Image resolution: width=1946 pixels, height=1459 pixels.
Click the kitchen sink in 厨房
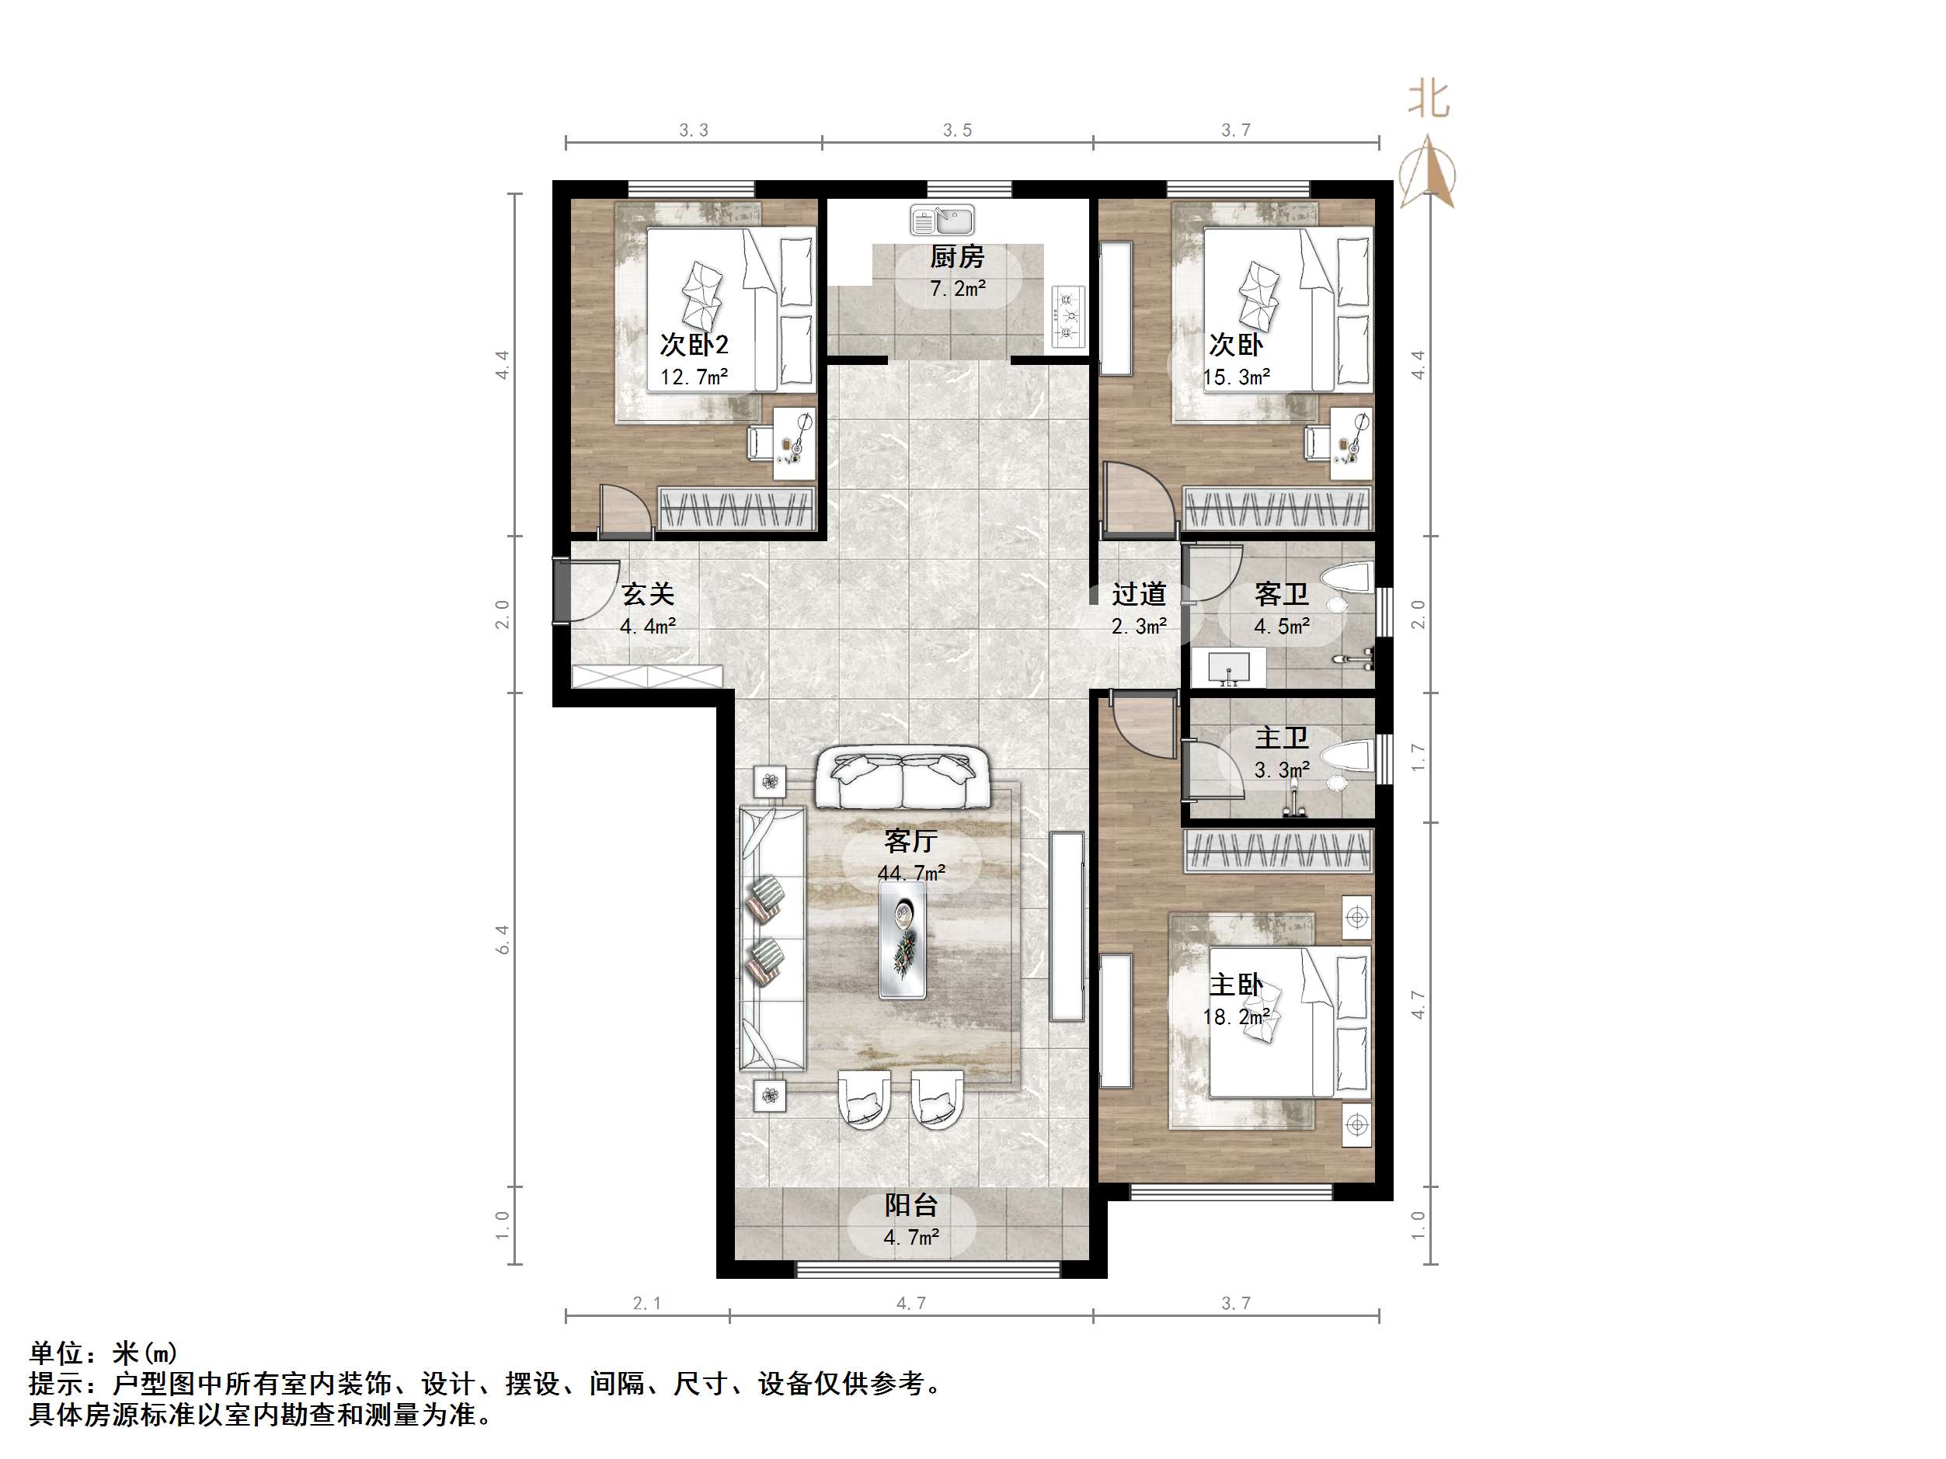pos(942,220)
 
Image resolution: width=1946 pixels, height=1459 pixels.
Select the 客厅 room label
pos(910,842)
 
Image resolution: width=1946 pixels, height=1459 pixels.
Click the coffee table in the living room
pos(903,940)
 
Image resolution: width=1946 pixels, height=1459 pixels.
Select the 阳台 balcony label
pos(910,1205)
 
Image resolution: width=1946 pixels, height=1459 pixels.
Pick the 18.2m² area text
pos(1236,1017)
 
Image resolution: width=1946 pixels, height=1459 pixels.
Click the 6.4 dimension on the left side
pos(503,940)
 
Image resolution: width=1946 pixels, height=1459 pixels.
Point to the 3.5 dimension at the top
pos(957,131)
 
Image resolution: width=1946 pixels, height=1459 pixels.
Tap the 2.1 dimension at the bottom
pos(646,1304)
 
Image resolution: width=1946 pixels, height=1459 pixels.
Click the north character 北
pos(1429,99)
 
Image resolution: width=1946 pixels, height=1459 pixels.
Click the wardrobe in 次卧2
pos(736,509)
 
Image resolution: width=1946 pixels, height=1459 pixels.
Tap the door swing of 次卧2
pos(625,510)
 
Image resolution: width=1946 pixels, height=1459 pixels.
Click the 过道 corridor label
pos(1138,595)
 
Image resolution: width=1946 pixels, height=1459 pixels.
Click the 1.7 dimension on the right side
pos(1417,757)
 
